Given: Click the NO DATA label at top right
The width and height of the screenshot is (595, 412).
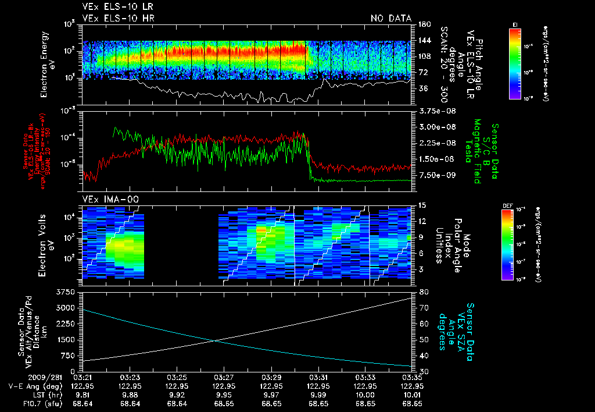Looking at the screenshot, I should pos(391,19).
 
